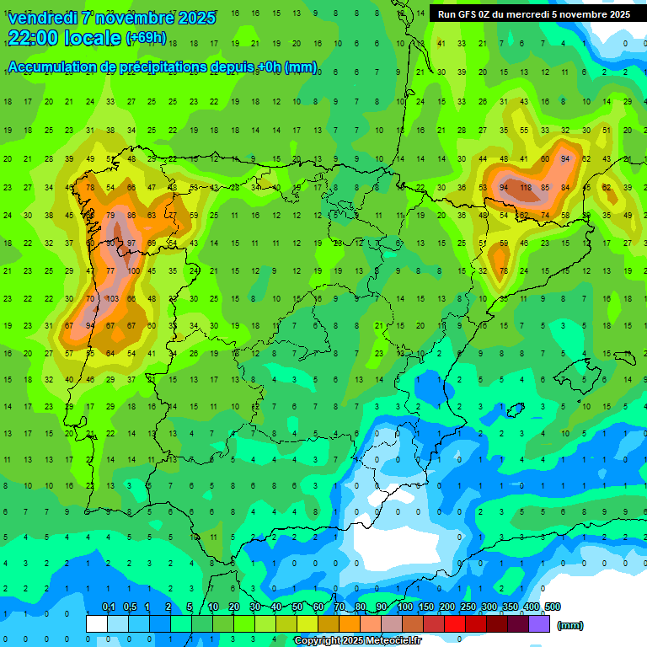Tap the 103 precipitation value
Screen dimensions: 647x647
(111, 299)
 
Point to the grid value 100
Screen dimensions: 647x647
(133, 271)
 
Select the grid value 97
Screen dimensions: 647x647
(131, 243)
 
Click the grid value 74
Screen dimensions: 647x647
(544, 216)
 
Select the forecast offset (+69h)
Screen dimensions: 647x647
(146, 38)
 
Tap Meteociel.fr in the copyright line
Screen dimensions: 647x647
(390, 640)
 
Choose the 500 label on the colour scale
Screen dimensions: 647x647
(552, 607)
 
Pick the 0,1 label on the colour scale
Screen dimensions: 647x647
(108, 607)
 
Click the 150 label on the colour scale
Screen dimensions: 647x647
(426, 607)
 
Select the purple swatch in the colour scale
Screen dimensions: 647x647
(539, 623)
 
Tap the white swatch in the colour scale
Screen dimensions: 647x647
(97, 623)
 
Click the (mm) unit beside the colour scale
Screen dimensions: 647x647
(570, 625)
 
